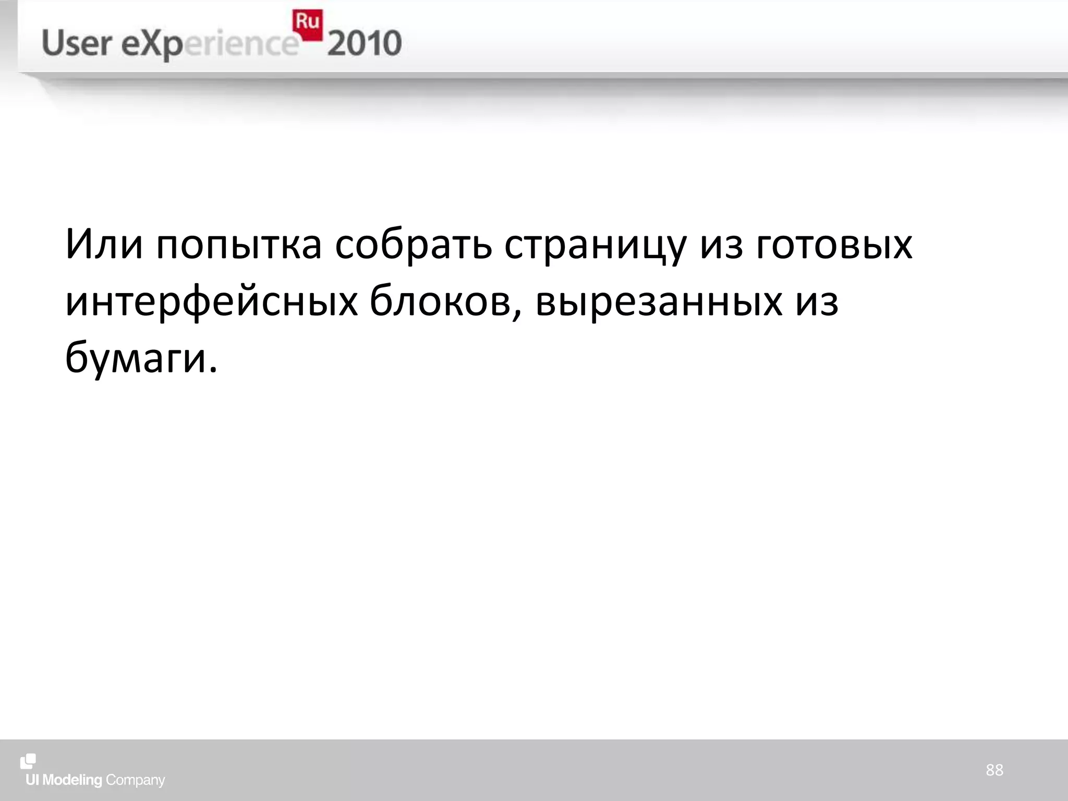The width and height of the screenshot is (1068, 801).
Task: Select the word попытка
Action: pyautogui.click(x=239, y=245)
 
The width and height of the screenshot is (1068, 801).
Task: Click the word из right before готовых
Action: pyautogui.click(x=721, y=245)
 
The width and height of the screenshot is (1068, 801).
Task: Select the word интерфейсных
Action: pyautogui.click(x=212, y=302)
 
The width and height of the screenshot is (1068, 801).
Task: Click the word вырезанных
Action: pyautogui.click(x=659, y=302)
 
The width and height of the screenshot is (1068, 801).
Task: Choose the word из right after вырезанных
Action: pyautogui.click(x=817, y=302)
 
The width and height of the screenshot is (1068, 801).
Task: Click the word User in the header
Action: pyautogui.click(x=77, y=43)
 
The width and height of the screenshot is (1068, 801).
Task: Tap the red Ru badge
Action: pyautogui.click(x=307, y=24)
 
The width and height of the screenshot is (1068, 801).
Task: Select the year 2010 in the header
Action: pyautogui.click(x=365, y=44)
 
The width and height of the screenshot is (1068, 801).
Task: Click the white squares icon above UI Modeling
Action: pyautogui.click(x=28, y=761)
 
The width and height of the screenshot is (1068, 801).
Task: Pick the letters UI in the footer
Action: pyautogui.click(x=32, y=780)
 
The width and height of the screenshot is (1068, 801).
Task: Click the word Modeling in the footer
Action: pyautogui.click(x=72, y=781)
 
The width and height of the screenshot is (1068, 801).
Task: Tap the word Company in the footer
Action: pyautogui.click(x=135, y=781)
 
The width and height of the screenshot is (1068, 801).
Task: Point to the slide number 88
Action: pyautogui.click(x=994, y=770)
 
